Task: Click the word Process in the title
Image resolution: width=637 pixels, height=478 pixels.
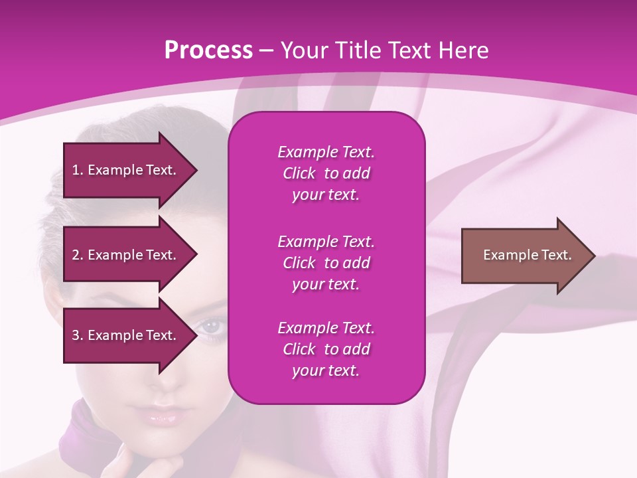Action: (208, 50)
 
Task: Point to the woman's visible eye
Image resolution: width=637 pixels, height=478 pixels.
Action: (211, 326)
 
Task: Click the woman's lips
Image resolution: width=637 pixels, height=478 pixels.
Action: (161, 417)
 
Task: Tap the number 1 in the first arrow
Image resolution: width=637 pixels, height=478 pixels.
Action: (76, 170)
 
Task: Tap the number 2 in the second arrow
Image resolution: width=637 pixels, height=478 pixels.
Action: (76, 255)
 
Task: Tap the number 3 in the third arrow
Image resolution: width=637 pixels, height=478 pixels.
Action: (76, 335)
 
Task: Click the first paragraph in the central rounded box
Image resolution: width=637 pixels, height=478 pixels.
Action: (326, 173)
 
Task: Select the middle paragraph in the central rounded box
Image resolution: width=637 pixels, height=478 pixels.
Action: (326, 262)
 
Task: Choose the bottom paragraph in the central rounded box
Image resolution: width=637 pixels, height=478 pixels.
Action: (326, 349)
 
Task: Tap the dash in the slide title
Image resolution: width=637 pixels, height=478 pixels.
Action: (267, 51)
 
